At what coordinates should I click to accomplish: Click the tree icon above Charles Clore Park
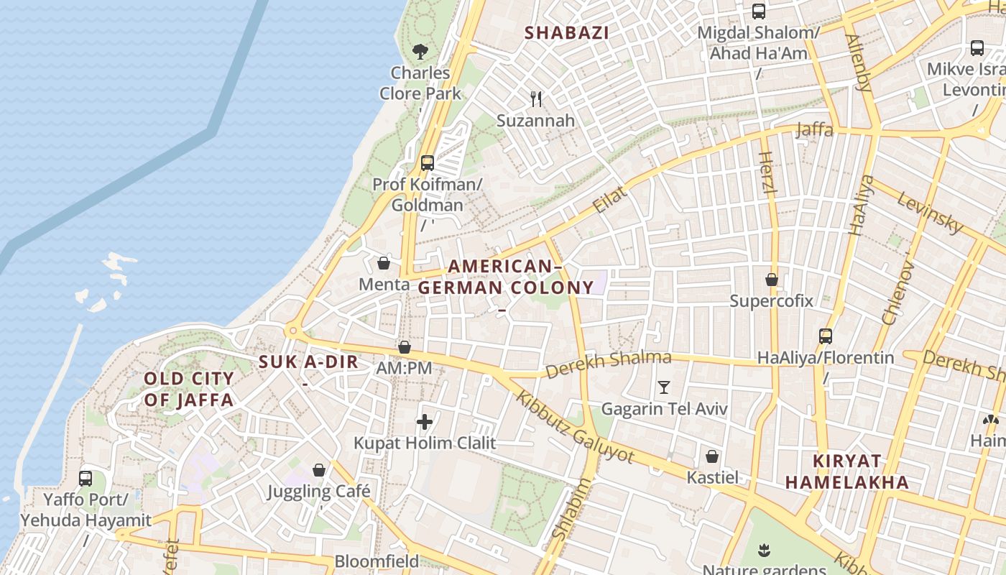[x=420, y=52]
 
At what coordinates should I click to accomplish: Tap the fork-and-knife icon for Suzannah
[x=536, y=99]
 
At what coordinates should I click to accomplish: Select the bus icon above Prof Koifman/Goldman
[x=428, y=163]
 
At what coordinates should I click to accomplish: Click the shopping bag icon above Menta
[x=384, y=263]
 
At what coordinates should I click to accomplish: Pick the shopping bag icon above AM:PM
[x=405, y=348]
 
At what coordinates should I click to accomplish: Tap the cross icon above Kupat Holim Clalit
[x=425, y=422]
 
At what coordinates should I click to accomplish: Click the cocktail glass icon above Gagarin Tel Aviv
[x=664, y=388]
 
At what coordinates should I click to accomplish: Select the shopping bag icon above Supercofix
[x=772, y=280]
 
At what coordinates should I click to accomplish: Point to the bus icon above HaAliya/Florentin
[x=826, y=336]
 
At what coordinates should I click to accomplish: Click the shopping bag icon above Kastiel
[x=712, y=456]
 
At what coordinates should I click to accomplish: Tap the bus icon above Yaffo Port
[x=86, y=478]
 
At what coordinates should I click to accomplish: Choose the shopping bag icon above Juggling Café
[x=319, y=471]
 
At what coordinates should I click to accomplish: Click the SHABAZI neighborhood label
[x=567, y=33]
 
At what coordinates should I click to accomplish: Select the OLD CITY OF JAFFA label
[x=189, y=390]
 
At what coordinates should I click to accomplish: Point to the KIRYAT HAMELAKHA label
[x=847, y=471]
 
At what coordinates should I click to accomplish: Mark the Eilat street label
[x=610, y=199]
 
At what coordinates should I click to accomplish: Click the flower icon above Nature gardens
[x=763, y=551]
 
